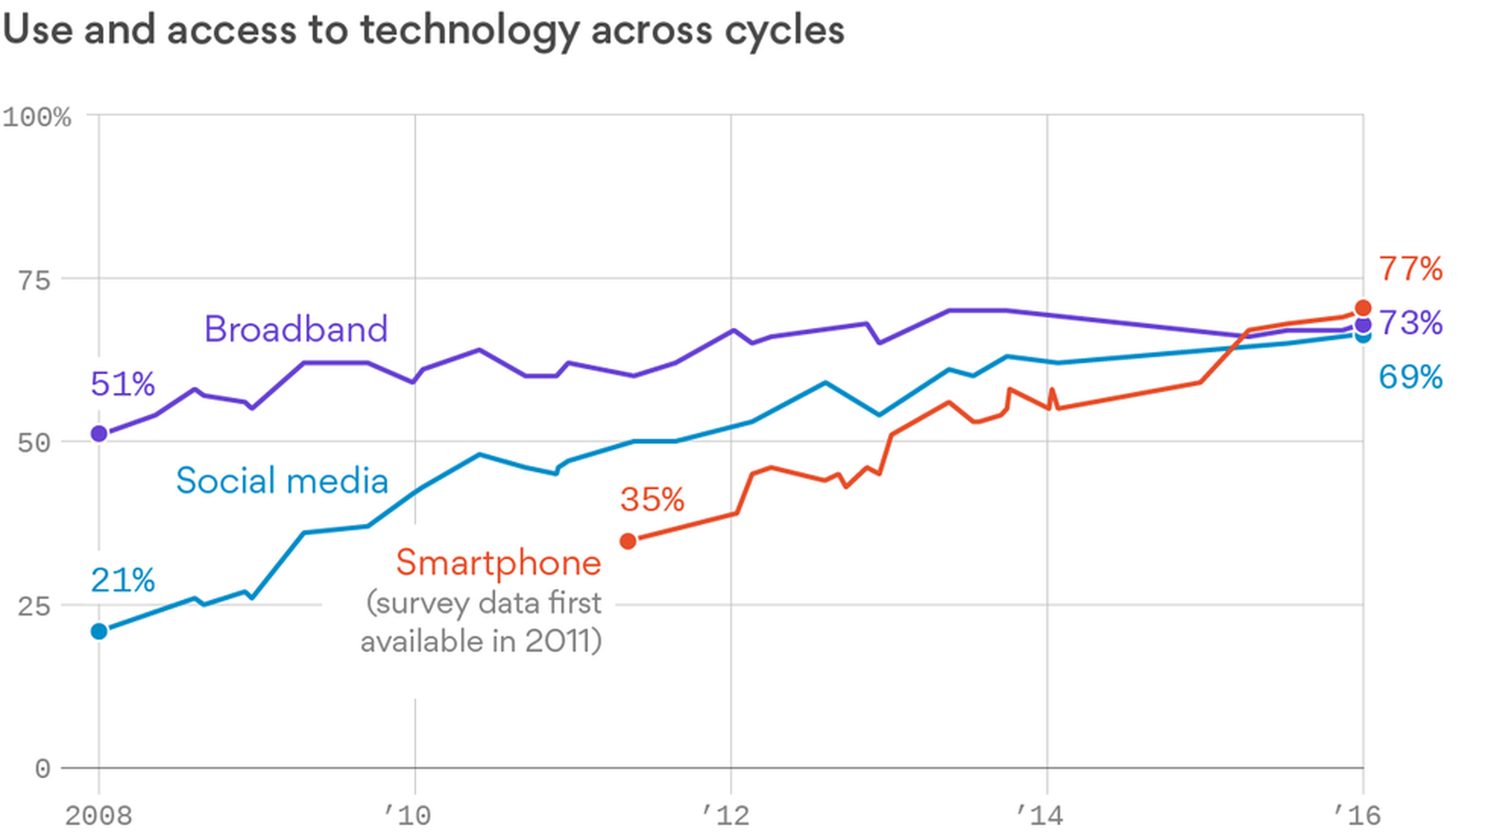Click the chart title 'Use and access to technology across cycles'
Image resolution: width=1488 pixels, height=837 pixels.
click(423, 31)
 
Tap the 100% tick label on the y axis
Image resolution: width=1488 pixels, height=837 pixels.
click(36, 118)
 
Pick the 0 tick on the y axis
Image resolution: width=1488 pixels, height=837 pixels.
click(43, 769)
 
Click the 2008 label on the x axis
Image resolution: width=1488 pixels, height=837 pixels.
click(98, 815)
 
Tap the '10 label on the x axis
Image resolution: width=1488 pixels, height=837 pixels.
click(408, 815)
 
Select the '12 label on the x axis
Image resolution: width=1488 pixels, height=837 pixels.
click(725, 815)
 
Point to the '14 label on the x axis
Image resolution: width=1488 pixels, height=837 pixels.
click(1040, 815)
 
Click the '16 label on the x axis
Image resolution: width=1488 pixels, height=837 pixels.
click(1357, 815)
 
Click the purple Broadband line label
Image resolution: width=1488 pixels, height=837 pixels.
click(295, 329)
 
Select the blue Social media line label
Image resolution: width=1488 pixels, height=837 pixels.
click(282, 481)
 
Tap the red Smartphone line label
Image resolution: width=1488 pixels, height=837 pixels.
click(498, 563)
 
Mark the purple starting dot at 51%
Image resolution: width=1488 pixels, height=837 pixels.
click(99, 434)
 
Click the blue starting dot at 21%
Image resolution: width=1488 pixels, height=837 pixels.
click(99, 632)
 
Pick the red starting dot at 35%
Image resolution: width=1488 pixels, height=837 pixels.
click(629, 541)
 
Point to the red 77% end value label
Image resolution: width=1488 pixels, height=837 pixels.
click(1410, 270)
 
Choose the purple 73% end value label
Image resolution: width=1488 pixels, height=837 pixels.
click(1410, 323)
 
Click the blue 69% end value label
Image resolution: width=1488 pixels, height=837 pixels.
click(1410, 377)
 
